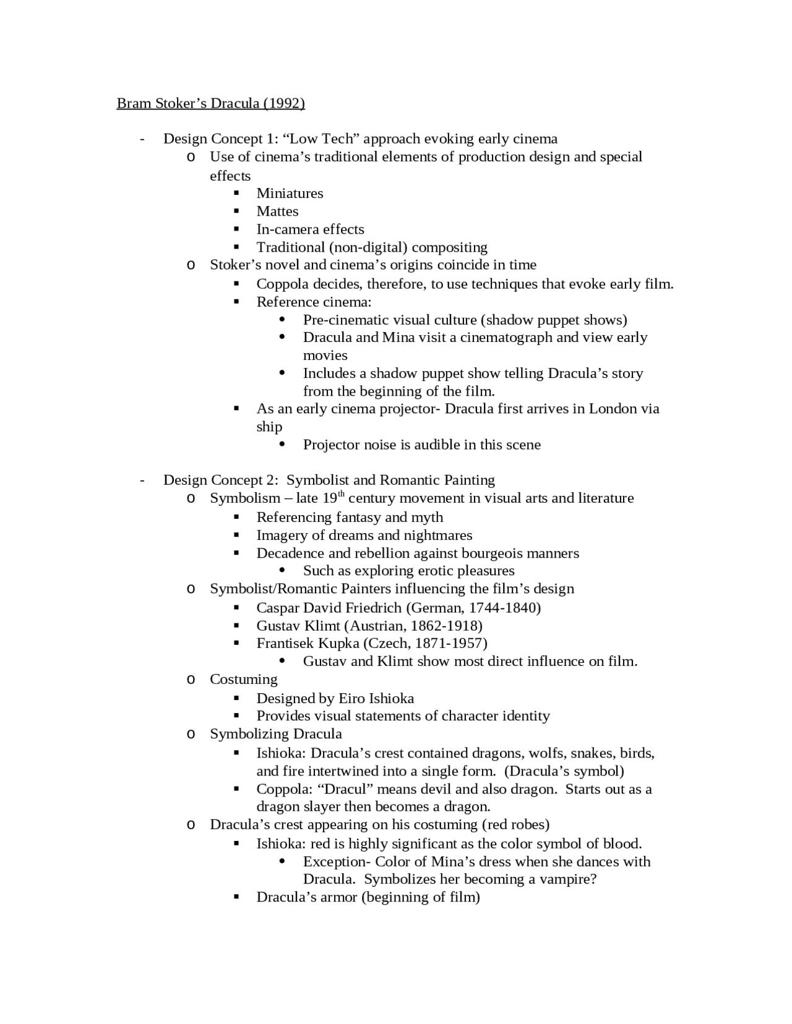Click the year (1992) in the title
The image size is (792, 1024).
pos(284,103)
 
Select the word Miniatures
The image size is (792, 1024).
pos(290,194)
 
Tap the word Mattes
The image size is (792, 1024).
pos(277,211)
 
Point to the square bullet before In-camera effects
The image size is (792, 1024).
pos(236,229)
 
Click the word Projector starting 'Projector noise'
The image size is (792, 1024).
pos(331,445)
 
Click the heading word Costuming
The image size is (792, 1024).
pos(243,680)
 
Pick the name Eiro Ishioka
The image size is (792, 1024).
pos(376,699)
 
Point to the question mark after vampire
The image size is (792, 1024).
pos(593,880)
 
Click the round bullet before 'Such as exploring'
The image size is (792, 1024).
pos(282,571)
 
